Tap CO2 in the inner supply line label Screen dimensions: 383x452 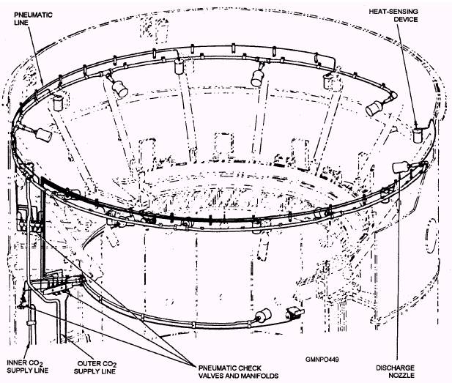pyautogui.click(x=42, y=362)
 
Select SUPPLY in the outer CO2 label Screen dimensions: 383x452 pyautogui.click(x=83, y=371)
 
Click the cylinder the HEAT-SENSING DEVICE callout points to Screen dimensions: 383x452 pyautogui.click(x=418, y=135)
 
